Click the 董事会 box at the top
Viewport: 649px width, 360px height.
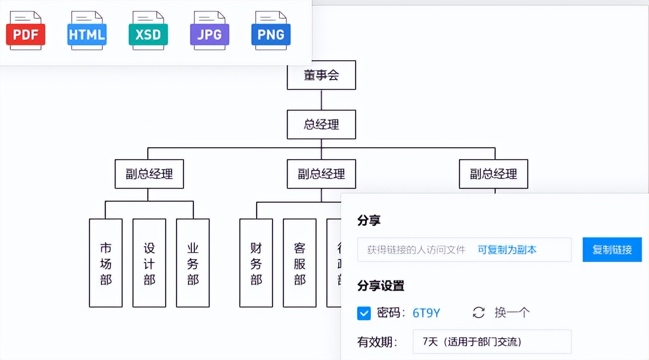(x=321, y=75)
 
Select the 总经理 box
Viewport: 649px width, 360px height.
(x=321, y=124)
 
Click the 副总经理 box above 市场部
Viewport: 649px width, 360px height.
(x=149, y=174)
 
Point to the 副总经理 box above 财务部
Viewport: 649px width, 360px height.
(x=321, y=174)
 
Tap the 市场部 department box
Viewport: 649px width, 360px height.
(x=105, y=263)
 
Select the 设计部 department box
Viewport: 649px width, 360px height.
(x=149, y=263)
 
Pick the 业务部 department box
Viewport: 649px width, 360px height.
(x=192, y=263)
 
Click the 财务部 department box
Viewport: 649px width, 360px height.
(x=256, y=263)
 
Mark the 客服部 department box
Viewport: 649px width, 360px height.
(x=299, y=263)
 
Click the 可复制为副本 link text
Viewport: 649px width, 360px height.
(x=507, y=250)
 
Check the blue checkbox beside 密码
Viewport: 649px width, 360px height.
(x=364, y=313)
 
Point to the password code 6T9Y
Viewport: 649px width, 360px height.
(x=426, y=313)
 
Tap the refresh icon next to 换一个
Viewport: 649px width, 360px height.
(x=478, y=313)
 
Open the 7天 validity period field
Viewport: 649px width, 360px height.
(x=492, y=342)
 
